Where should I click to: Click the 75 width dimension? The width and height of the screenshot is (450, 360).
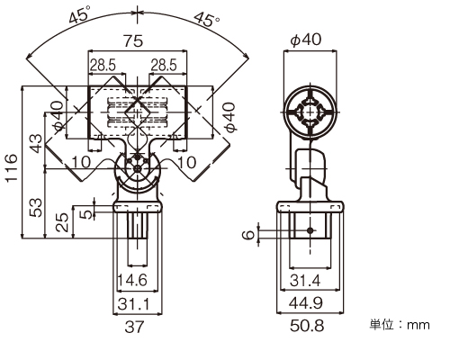click(x=133, y=40)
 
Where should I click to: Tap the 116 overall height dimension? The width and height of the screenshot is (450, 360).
click(x=12, y=167)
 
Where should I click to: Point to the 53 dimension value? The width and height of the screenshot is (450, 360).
click(x=36, y=207)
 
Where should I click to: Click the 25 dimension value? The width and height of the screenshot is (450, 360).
click(x=63, y=222)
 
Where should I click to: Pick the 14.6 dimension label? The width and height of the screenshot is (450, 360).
click(x=132, y=280)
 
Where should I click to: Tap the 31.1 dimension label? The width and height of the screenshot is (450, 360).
click(x=133, y=304)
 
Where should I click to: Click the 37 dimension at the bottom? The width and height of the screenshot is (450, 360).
click(x=135, y=327)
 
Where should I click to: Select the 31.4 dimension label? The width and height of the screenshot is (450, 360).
click(x=305, y=281)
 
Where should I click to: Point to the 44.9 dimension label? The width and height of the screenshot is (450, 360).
click(x=306, y=303)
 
